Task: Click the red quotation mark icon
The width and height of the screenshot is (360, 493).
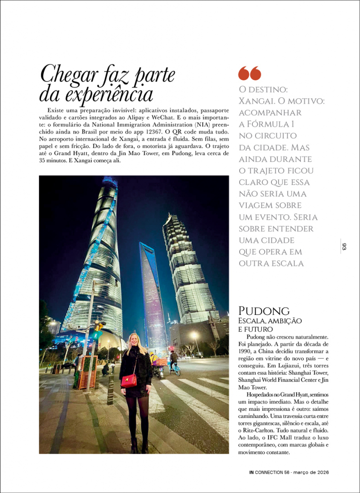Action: click(x=249, y=73)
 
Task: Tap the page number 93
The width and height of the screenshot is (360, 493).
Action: click(x=344, y=246)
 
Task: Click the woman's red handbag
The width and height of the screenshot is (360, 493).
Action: click(x=129, y=380)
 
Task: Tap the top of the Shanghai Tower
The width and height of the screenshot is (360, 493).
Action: click(x=110, y=182)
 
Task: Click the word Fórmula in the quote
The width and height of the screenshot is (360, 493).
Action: click(x=267, y=124)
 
